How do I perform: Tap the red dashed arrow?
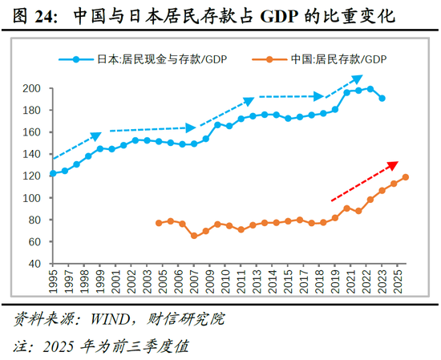[x=364, y=181]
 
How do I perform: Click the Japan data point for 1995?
[x=53, y=173]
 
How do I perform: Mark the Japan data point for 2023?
[x=382, y=99]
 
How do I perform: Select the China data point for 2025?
[x=406, y=177]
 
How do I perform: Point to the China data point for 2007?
[x=194, y=236]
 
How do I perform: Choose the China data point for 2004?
[x=159, y=223]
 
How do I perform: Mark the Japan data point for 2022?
[x=370, y=89]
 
